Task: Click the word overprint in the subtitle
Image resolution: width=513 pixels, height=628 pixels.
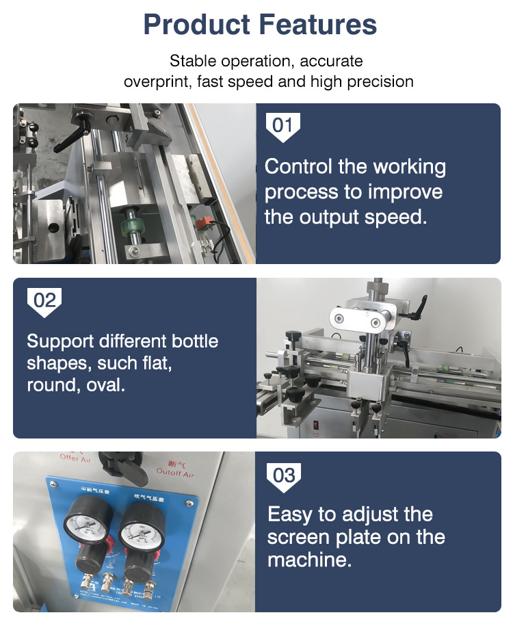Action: (x=157, y=82)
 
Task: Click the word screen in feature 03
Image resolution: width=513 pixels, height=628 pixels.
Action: (x=298, y=537)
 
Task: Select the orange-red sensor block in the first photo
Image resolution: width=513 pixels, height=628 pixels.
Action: (x=203, y=223)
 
